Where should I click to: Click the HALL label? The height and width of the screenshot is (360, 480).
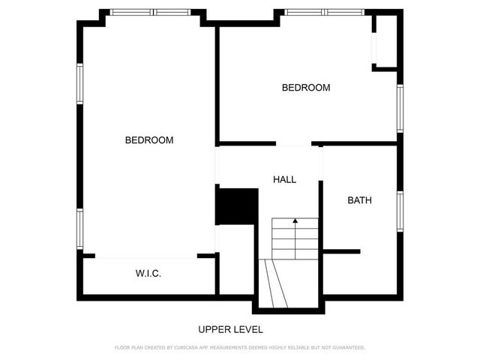point(284,180)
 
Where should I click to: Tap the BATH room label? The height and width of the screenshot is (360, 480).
point(359,200)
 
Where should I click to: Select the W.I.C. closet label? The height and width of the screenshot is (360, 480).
point(148,274)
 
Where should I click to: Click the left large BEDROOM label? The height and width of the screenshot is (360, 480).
point(148,140)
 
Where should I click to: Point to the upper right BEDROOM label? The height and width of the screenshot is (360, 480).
point(305,88)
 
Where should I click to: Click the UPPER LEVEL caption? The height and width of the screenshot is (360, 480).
point(230,329)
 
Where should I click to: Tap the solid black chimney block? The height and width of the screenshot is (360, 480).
point(236,206)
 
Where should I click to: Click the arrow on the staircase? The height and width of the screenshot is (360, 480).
point(295,221)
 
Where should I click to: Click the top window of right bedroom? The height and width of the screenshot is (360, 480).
point(325,12)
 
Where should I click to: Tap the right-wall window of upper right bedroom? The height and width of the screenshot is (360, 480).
point(400,108)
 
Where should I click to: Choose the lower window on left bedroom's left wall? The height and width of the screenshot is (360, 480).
point(79,228)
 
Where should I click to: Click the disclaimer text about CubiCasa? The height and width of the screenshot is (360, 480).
point(239,347)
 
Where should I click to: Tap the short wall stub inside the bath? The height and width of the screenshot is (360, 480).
point(341,251)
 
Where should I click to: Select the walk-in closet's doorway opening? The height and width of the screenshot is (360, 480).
point(145,256)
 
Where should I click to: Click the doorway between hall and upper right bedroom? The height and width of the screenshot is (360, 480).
point(294,143)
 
